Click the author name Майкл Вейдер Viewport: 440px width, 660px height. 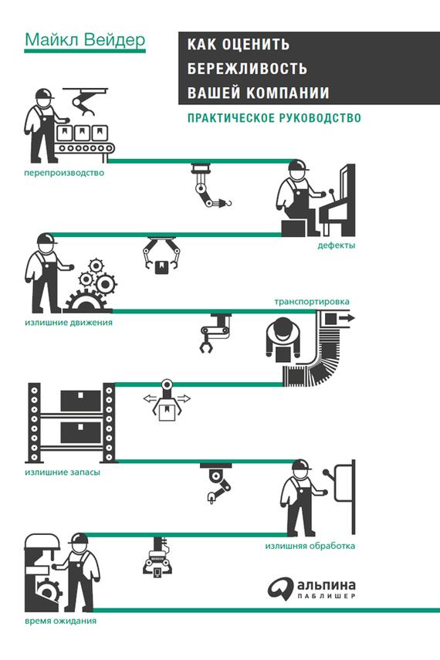85,40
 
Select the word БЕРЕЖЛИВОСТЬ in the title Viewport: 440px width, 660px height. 247,68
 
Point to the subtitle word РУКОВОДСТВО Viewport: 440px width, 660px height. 318,117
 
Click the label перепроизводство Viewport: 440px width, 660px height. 64,173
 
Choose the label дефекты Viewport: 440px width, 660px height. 336,245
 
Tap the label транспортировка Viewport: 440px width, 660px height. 312,303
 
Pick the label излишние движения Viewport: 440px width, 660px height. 69,323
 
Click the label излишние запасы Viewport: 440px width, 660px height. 63,472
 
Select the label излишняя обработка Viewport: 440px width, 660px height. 310,547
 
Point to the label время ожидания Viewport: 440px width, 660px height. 60,621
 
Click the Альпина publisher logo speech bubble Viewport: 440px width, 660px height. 280,587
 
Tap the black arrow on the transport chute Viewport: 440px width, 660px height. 346,318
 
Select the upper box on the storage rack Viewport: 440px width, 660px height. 81,401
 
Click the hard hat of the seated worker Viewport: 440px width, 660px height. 298,164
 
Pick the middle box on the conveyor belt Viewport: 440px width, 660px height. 81,134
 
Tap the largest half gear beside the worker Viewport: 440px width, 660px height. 87,302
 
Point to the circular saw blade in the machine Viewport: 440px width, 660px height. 48,589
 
